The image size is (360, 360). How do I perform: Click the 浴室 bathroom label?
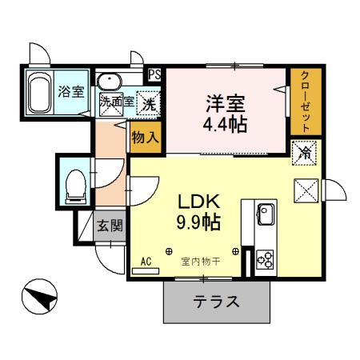tap(71, 91)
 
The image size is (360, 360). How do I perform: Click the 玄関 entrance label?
tap(110, 226)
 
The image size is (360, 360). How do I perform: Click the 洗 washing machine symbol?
tap(149, 102)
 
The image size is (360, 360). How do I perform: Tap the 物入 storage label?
tap(146, 136)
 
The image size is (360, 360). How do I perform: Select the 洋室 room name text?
tap(225, 103)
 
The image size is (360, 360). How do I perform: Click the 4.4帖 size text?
tap(225, 126)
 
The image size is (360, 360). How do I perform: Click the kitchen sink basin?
tap(266, 214)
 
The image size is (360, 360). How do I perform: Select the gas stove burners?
tap(265, 259)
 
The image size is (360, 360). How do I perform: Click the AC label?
tap(146, 262)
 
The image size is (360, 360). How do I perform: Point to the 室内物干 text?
tap(200, 261)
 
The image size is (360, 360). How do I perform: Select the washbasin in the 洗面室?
tap(108, 80)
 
